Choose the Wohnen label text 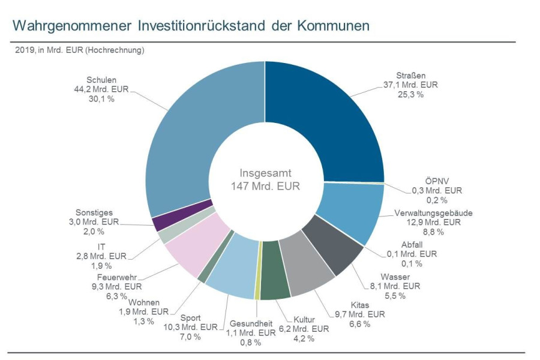pos(144,302)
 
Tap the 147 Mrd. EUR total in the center pos(265,185)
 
